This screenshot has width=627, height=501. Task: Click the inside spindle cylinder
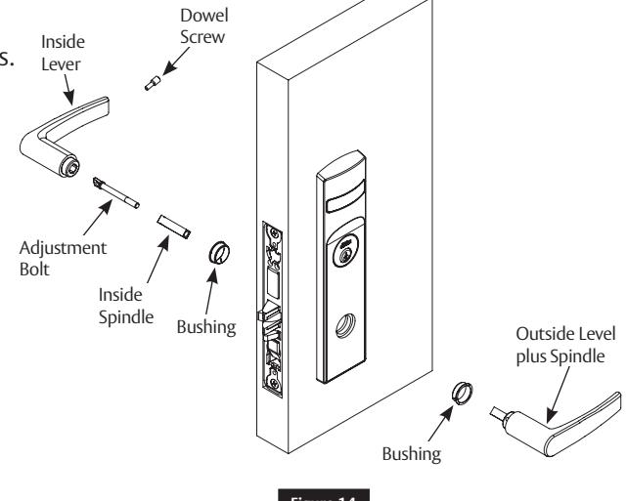tap(177, 225)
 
